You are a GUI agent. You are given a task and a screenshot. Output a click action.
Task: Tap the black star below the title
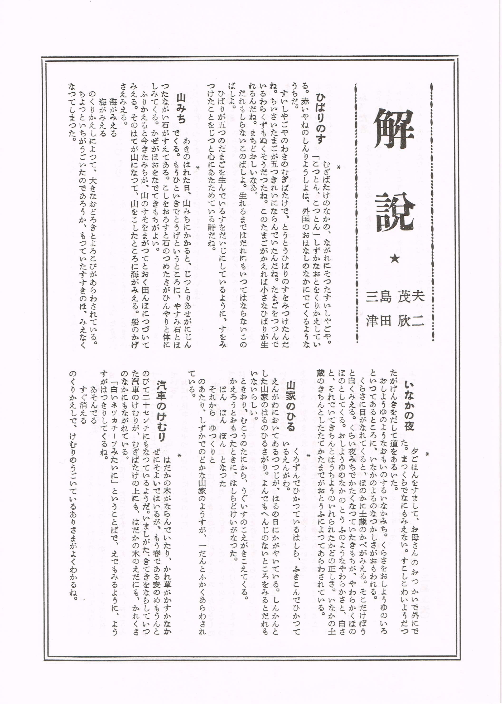pyautogui.click(x=395, y=258)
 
